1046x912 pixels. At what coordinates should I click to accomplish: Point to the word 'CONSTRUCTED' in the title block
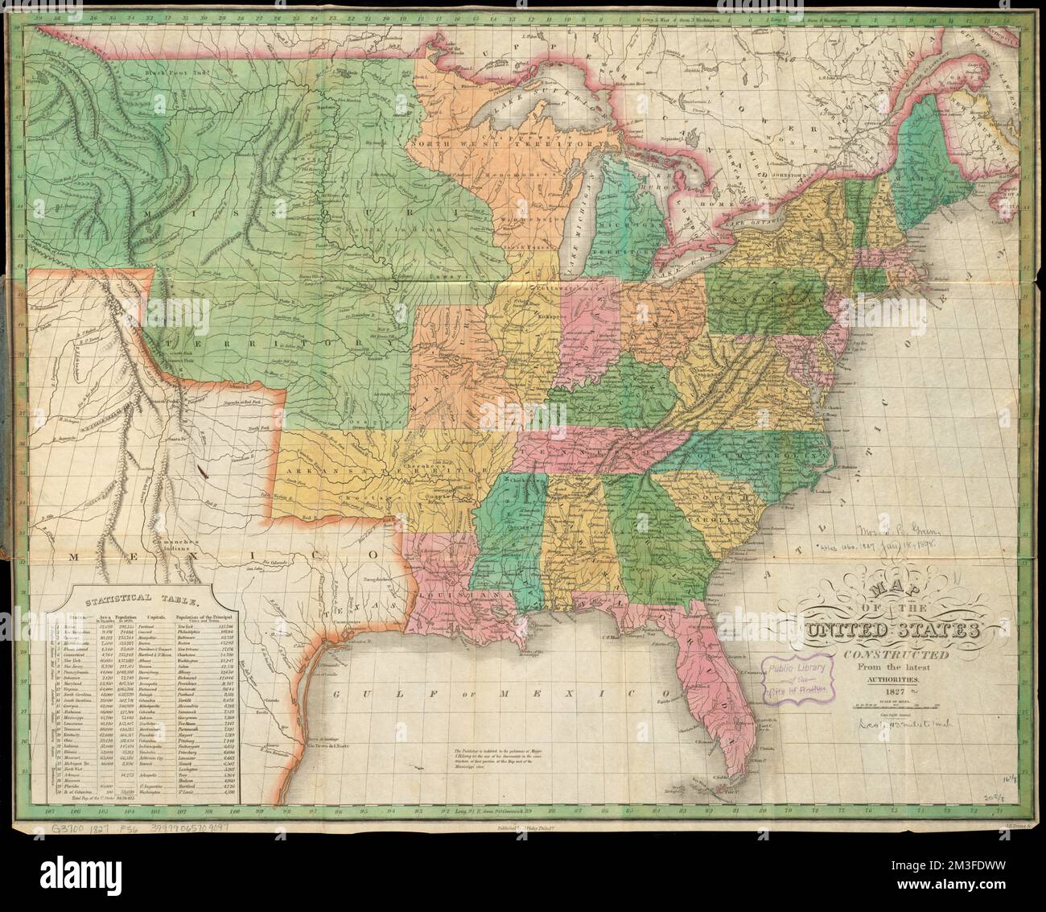[x=892, y=654]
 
